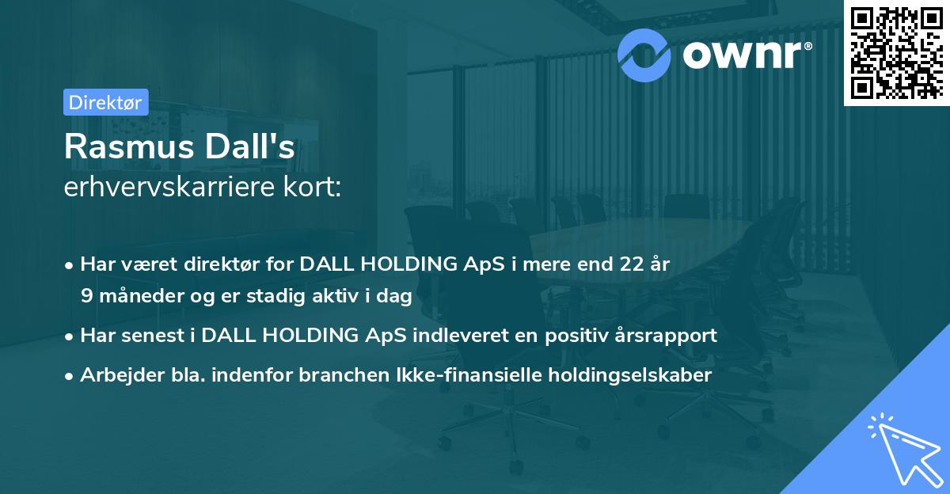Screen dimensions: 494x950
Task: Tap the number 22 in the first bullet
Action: (633, 264)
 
